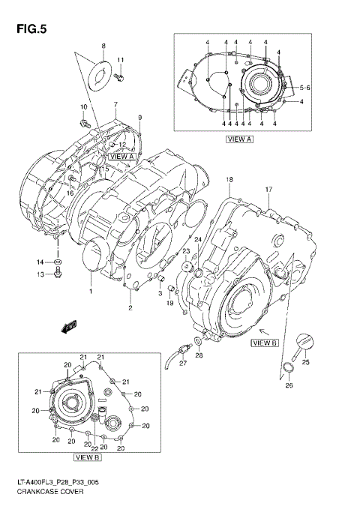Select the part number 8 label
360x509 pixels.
[x=103, y=46]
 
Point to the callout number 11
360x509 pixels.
[x=120, y=60]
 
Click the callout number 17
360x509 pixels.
[x=268, y=190]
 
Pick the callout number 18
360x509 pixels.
[x=229, y=180]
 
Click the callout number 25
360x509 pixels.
[x=304, y=361]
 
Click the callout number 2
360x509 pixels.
[x=130, y=308]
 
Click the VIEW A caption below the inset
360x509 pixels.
[x=238, y=139]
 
